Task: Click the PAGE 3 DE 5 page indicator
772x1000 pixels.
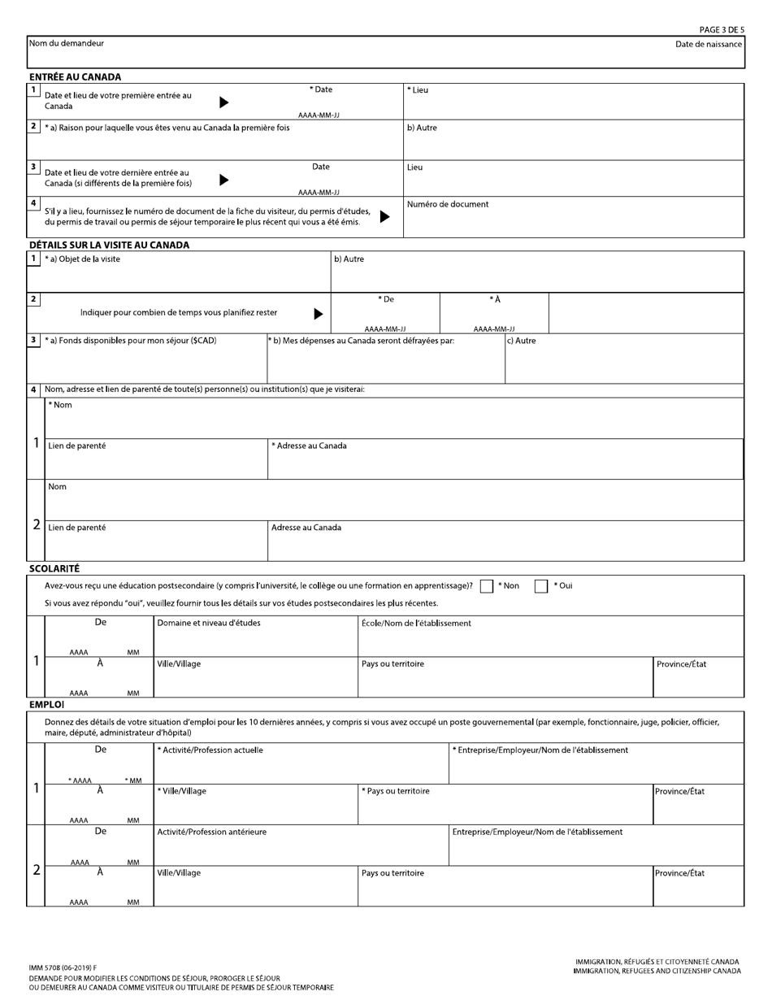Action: [x=721, y=30]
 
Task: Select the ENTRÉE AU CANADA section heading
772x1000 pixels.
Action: [x=75, y=77]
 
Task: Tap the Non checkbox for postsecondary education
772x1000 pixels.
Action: [x=487, y=586]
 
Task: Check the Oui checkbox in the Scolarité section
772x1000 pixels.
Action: [x=541, y=586]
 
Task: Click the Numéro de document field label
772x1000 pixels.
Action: [x=448, y=205]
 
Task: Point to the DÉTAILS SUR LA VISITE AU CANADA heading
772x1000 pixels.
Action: [x=109, y=245]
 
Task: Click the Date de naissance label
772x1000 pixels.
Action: [x=708, y=44]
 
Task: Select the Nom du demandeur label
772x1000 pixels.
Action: [x=67, y=44]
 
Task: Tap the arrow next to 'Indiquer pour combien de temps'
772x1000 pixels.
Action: [x=319, y=314]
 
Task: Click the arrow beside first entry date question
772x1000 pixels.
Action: [x=224, y=102]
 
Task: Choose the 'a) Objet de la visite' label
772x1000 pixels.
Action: [x=82, y=259]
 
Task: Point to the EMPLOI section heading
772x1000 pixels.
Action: [x=46, y=705]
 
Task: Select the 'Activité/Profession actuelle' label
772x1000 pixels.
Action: [x=210, y=750]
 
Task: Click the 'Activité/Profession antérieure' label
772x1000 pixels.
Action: [x=211, y=832]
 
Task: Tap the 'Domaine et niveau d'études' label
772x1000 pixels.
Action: [x=209, y=624]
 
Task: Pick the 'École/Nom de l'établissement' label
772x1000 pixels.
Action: [x=416, y=624]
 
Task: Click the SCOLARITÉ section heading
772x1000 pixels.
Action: [x=54, y=569]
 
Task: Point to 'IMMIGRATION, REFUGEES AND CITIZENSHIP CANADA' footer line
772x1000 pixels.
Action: [x=657, y=971]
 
